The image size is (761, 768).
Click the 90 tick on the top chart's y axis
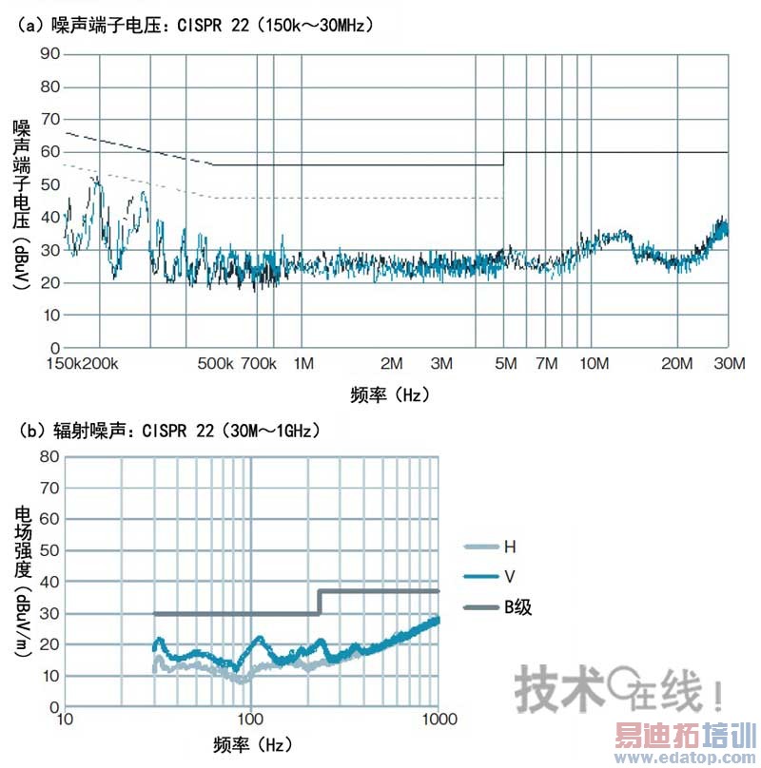[x=49, y=55]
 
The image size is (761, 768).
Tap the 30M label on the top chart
[x=729, y=364]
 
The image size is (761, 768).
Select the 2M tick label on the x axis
[x=391, y=364]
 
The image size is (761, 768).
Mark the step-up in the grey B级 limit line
[x=320, y=603]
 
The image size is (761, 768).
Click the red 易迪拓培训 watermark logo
[x=684, y=737]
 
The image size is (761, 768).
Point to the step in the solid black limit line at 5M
[x=503, y=159]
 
